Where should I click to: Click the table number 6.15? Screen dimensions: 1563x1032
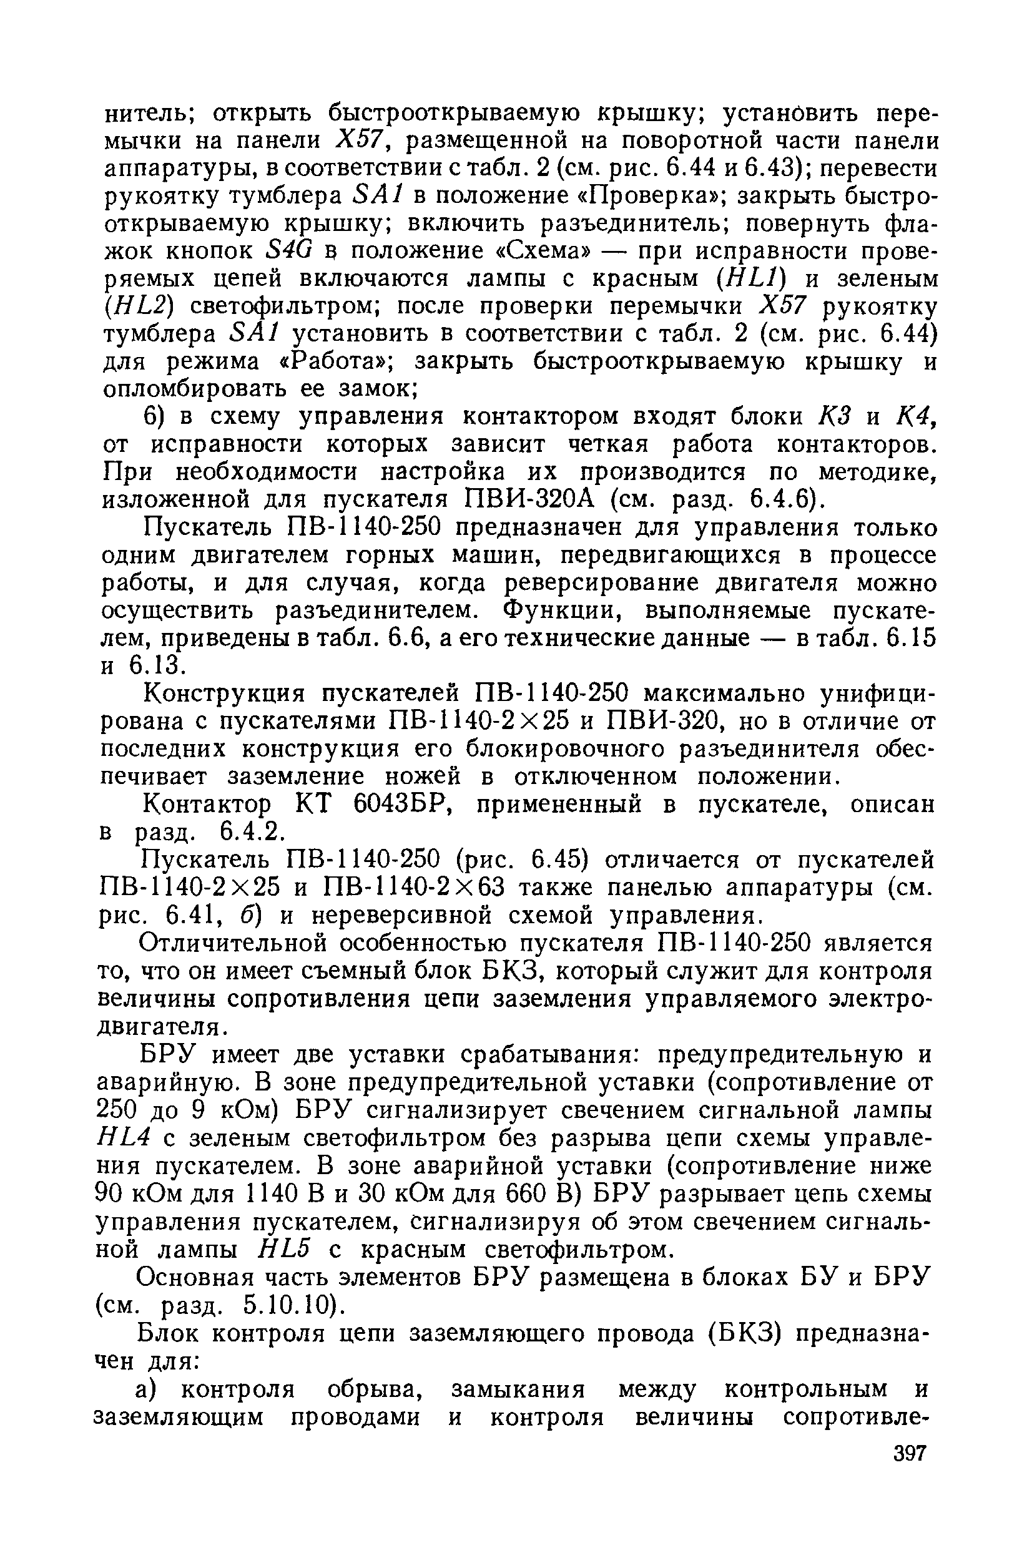pyautogui.click(x=911, y=639)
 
